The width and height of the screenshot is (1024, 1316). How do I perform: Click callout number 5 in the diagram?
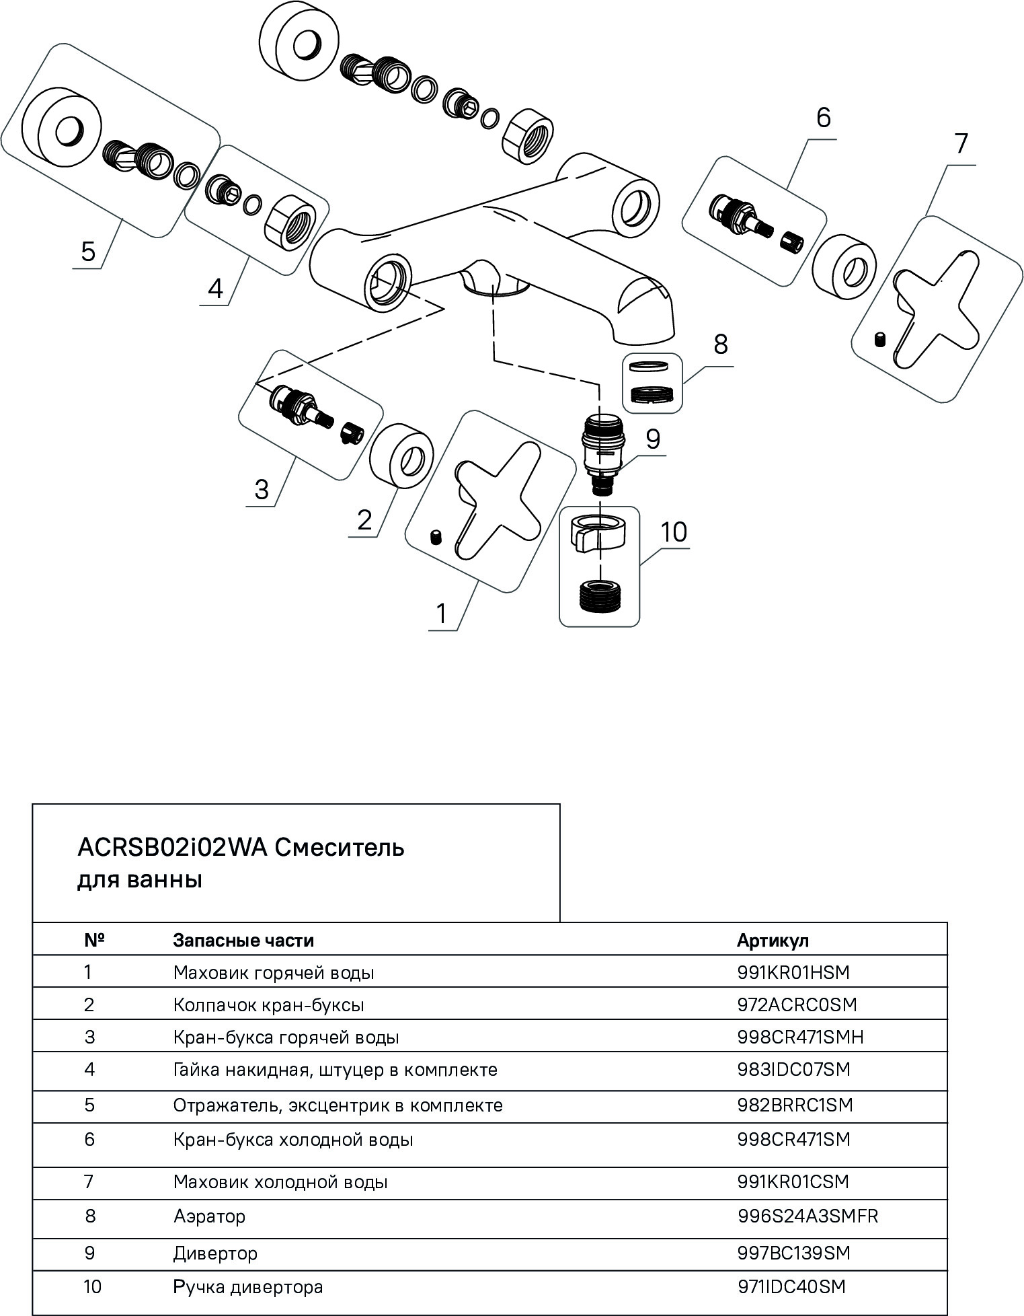88,251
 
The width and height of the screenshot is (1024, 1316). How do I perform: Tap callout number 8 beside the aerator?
720,344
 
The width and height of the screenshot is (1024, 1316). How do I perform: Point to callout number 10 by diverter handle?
674,532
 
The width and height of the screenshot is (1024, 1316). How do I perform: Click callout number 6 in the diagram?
823,118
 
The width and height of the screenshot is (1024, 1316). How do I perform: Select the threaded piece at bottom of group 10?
600,596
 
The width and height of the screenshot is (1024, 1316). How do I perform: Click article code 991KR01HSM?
793,973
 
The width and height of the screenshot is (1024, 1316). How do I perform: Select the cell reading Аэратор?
209,1216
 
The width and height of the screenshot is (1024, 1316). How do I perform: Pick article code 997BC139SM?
793,1253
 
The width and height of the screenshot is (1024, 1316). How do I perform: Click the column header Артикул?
773,940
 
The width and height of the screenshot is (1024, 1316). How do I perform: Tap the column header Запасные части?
243,940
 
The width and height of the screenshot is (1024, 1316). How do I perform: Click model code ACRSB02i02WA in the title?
172,848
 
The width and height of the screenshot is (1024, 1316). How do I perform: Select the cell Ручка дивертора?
248,1287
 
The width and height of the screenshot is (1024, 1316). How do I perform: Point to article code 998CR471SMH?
800,1037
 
